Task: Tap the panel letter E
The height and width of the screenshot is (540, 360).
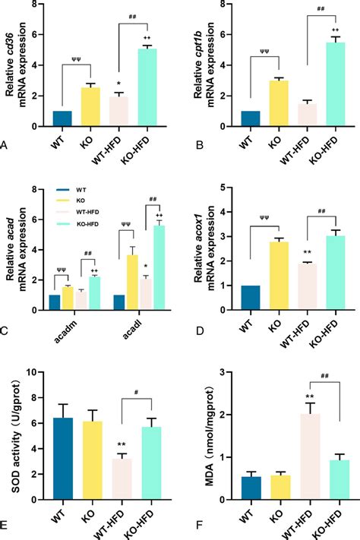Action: pos(5,523)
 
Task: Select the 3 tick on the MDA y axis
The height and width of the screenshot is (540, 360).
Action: pos(219,372)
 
